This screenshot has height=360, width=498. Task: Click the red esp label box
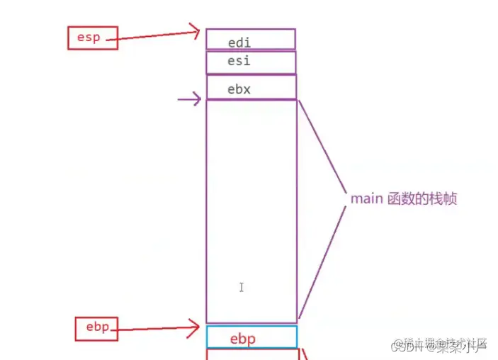click(x=89, y=38)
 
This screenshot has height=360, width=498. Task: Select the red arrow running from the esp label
click(x=156, y=34)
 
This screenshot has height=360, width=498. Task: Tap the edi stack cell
click(x=251, y=40)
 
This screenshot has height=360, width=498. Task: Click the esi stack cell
click(x=251, y=62)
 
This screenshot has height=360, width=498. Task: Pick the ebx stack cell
click(x=251, y=88)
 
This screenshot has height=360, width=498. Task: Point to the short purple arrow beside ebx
click(x=188, y=100)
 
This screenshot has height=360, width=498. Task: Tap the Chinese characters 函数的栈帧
click(x=421, y=198)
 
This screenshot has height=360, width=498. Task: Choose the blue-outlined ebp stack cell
click(x=251, y=337)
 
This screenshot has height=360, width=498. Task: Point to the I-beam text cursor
click(x=242, y=287)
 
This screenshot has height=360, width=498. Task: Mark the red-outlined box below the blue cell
click(x=251, y=354)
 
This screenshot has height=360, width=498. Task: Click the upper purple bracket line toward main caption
click(x=322, y=146)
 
